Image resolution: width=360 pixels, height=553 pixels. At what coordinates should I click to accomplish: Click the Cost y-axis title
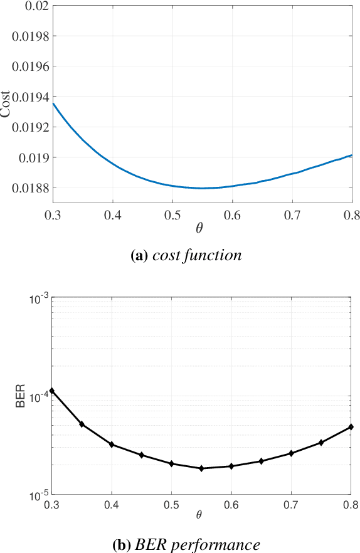6,105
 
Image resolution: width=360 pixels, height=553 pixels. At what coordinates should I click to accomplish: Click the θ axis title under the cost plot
199,228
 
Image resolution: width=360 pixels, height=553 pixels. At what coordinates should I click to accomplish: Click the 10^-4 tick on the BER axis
37,397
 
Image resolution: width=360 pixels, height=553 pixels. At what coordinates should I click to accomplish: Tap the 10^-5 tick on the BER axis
37,495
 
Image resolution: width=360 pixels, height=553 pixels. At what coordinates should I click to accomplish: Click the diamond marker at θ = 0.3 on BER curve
52,391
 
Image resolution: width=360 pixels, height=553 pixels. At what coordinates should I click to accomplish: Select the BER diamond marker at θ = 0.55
201,468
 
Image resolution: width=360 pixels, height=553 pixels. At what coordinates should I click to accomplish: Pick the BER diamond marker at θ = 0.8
351,427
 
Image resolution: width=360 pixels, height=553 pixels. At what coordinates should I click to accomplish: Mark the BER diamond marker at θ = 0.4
112,445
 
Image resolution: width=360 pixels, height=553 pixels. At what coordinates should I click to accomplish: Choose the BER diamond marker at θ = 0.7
291,453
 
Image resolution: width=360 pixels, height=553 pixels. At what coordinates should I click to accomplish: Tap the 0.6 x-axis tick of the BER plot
231,505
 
